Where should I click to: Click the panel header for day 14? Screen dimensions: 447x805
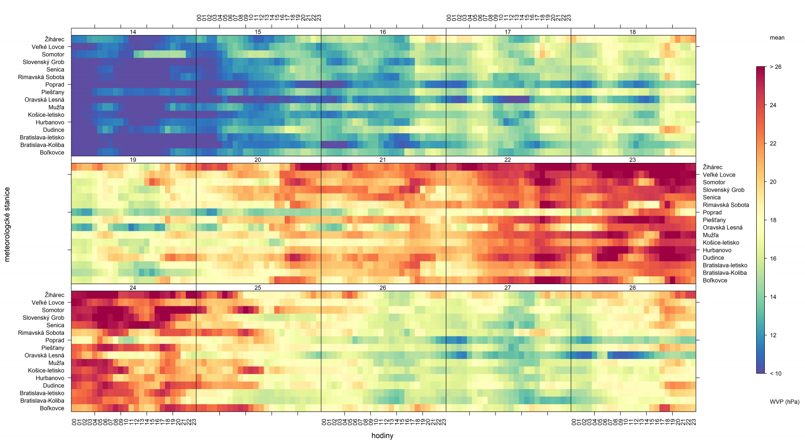click(133, 32)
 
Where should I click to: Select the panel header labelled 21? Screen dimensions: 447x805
click(383, 160)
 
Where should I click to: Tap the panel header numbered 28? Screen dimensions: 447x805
click(632, 288)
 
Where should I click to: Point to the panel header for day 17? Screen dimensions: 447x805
click(508, 32)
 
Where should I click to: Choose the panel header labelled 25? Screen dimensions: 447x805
click(258, 288)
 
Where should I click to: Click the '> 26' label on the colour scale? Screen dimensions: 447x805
click(775, 67)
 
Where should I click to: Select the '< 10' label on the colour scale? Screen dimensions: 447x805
click(775, 374)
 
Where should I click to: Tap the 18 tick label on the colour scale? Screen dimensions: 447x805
click(773, 220)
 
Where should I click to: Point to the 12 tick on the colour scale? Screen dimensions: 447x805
click(773, 335)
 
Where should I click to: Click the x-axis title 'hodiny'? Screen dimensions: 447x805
click(382, 436)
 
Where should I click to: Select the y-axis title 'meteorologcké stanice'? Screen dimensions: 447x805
click(7, 224)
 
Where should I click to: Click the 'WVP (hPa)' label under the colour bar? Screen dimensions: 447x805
click(784, 402)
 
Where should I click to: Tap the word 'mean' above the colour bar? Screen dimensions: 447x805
click(777, 38)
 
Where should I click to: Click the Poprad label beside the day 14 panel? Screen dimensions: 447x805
click(55, 84)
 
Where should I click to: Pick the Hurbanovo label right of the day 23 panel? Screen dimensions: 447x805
click(717, 250)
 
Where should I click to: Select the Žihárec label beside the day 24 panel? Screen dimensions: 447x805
click(54, 295)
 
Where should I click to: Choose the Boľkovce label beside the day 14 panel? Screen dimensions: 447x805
click(52, 152)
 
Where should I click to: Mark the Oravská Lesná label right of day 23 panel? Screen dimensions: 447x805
click(722, 228)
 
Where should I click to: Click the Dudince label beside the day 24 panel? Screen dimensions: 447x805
click(53, 386)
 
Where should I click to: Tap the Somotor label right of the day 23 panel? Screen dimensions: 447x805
click(714, 183)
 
